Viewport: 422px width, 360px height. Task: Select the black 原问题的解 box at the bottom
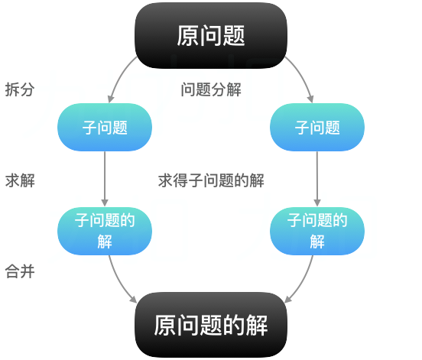(x=211, y=325)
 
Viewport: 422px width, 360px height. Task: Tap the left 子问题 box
(x=105, y=127)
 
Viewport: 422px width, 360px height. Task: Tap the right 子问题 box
(x=317, y=127)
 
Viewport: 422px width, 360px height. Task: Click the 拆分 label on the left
(x=19, y=89)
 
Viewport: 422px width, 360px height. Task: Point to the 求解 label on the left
(x=19, y=180)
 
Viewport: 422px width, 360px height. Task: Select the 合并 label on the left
(x=19, y=271)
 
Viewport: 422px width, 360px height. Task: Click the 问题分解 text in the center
(x=211, y=89)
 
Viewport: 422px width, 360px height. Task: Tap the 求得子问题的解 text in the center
(x=211, y=180)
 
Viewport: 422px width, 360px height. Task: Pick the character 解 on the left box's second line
(x=105, y=242)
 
